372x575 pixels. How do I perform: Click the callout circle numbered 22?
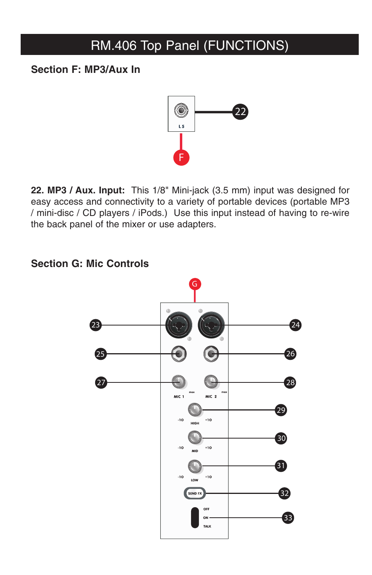click(240, 112)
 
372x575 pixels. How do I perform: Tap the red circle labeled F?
click(181, 157)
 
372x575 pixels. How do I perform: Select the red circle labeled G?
click(195, 284)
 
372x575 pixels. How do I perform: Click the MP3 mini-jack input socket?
click(181, 110)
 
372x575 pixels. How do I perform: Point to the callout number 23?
click(96, 325)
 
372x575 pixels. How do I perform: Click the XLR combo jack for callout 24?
click(211, 325)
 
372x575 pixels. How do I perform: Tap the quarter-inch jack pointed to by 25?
click(179, 354)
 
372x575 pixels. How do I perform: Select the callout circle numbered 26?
click(290, 354)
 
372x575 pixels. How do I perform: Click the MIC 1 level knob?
click(179, 382)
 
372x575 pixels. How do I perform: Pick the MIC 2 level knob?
click(211, 382)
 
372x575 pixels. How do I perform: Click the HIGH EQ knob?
click(195, 409)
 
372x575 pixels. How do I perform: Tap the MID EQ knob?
click(195, 437)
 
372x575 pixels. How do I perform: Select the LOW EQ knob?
click(195, 465)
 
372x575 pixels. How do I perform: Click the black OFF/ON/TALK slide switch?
click(195, 518)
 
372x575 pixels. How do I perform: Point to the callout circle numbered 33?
click(288, 518)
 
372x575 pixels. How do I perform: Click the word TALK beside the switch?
click(207, 526)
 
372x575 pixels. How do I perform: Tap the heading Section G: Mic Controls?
click(90, 264)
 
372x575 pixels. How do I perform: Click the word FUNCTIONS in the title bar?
click(248, 45)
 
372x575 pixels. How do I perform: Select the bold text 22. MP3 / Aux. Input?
click(78, 190)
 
